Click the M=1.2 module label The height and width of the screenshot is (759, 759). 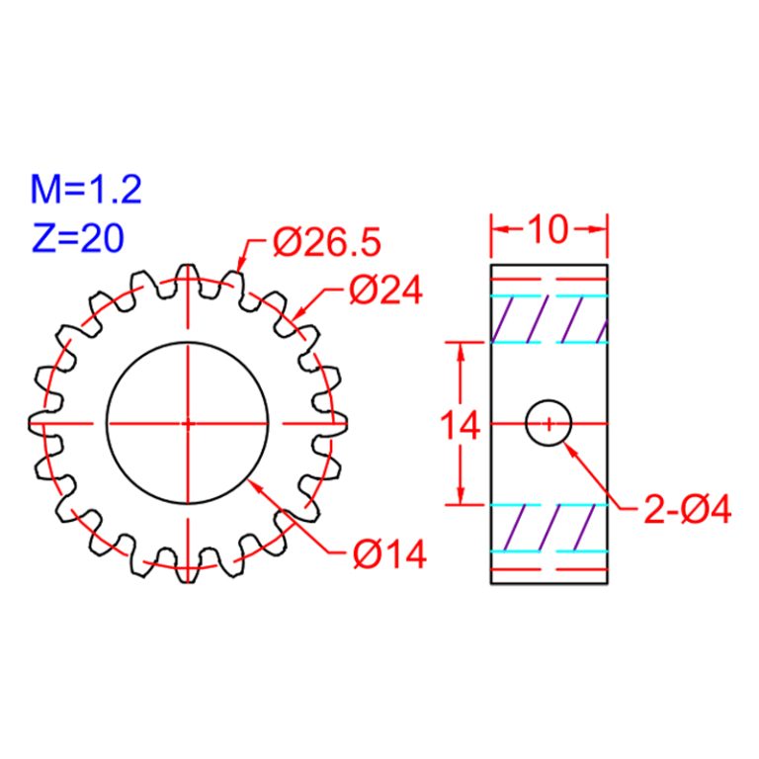click(x=86, y=188)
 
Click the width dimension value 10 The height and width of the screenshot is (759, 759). click(x=547, y=229)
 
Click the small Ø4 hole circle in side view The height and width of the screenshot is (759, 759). click(x=548, y=423)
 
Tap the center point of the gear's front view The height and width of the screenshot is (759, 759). click(x=187, y=423)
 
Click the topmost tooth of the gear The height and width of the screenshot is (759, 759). click(x=187, y=273)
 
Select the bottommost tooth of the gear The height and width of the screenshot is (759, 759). click(x=187, y=573)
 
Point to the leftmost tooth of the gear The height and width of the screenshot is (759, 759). click(x=38, y=423)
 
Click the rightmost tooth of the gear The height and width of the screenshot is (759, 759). click(x=337, y=423)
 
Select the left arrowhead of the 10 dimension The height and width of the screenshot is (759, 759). click(x=498, y=229)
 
